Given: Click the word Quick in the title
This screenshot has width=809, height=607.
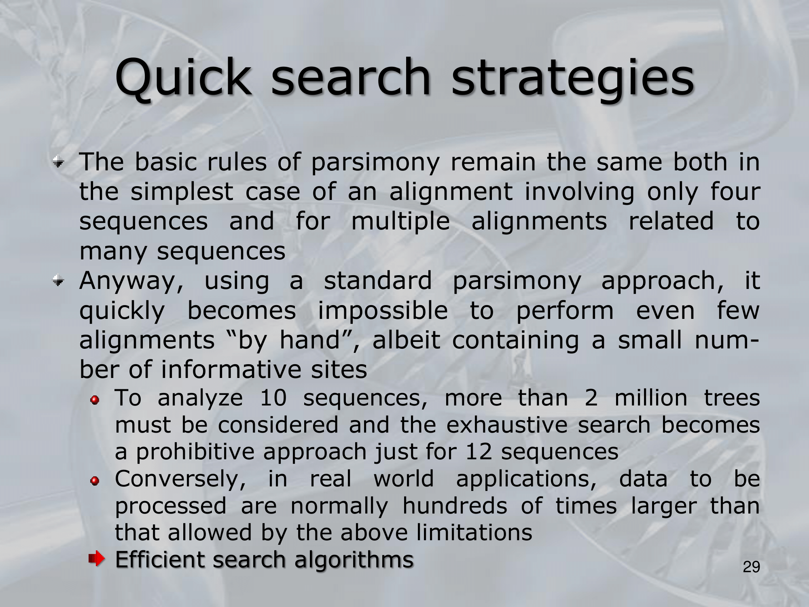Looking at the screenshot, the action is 182,78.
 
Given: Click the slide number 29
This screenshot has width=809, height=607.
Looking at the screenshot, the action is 752,567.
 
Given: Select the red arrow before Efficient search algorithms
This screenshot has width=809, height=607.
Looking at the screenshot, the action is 97,560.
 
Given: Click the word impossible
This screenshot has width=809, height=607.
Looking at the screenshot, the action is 383,311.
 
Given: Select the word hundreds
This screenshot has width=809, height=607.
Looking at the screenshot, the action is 454,506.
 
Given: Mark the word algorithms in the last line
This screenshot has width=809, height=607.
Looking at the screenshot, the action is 354,560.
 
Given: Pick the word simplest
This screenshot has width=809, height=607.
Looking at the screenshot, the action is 182,193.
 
